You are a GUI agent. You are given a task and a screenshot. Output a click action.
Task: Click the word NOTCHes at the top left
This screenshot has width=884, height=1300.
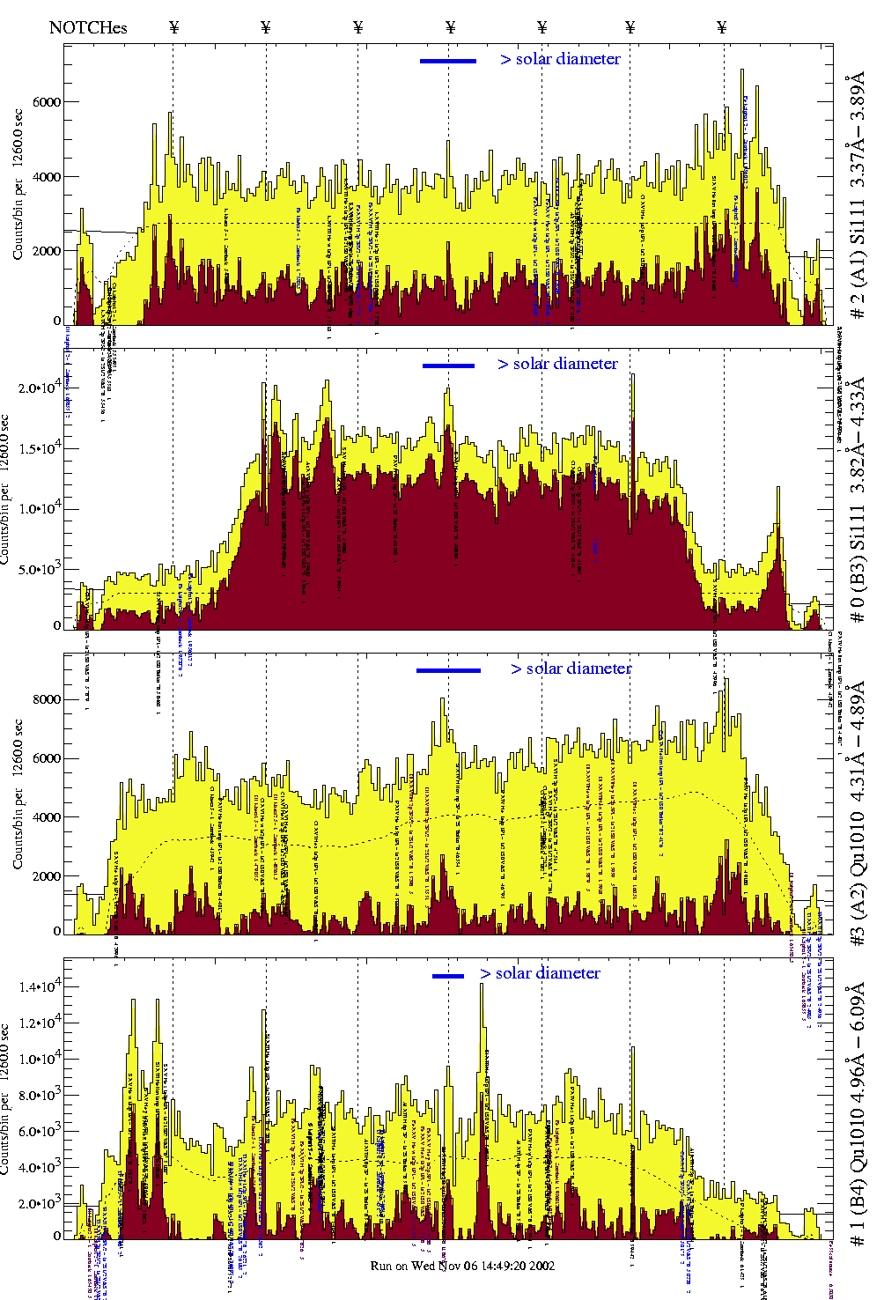pos(88,27)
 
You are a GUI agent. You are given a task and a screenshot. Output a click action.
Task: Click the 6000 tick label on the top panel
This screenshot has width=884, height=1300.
pos(47,102)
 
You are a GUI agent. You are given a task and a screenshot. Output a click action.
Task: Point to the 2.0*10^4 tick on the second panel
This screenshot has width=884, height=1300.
pos(40,388)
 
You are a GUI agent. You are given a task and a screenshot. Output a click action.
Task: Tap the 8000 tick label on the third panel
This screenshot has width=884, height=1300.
pos(47,699)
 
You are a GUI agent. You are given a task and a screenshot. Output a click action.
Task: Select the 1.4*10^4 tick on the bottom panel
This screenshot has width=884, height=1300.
pos(40,986)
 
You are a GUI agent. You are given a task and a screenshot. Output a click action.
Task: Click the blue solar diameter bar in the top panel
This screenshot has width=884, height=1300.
pos(448,61)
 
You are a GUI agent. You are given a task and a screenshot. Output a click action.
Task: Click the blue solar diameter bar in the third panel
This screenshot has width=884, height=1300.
pos(448,670)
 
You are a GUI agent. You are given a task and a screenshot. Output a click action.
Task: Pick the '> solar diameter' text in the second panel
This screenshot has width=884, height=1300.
pos(557,364)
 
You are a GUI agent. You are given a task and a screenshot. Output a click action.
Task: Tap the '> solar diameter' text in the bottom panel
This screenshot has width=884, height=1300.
pos(540,973)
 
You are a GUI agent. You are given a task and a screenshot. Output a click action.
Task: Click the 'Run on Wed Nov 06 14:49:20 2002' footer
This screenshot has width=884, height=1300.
pos(462,1266)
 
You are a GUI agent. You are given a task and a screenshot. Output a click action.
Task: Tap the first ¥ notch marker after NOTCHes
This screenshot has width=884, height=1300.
pos(173,27)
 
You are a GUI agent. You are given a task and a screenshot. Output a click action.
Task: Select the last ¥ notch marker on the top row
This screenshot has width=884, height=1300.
pos(722,27)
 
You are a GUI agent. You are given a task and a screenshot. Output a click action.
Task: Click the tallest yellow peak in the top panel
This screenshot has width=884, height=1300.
pos(742,72)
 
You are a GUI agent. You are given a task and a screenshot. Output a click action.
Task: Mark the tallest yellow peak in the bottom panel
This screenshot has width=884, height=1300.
pos(482,986)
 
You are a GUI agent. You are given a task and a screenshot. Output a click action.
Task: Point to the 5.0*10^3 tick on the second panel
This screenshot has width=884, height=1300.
pos(40,569)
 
